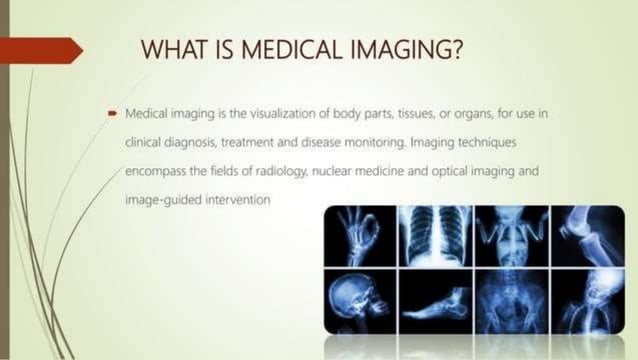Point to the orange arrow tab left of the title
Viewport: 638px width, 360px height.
40,50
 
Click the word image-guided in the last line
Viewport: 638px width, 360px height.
159,200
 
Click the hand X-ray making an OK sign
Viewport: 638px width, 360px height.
359,237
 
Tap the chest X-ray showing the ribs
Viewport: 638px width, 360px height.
435,237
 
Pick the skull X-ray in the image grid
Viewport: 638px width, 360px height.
359,300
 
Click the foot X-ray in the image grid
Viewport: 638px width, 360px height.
435,300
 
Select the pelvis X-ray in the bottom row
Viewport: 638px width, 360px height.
511,300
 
